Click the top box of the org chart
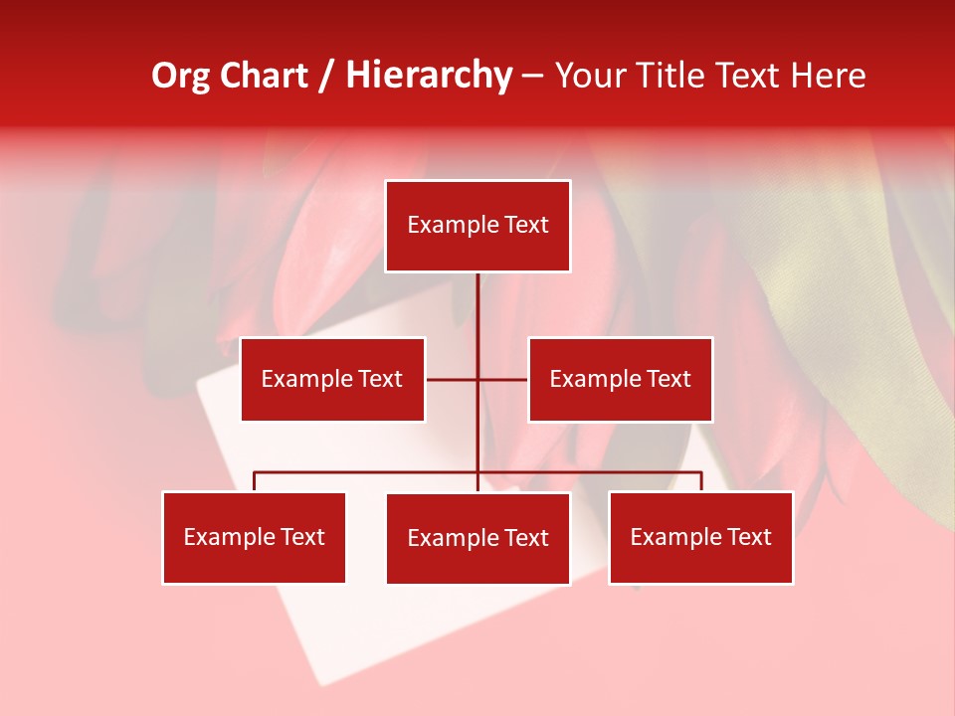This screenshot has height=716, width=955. click(x=477, y=226)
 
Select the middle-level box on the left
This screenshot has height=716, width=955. click(x=332, y=379)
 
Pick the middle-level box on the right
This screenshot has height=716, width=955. click(x=620, y=379)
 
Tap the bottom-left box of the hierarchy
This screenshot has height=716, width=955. click(x=254, y=537)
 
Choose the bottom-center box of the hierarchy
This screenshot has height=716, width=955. click(x=477, y=538)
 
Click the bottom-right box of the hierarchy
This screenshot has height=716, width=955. click(x=700, y=537)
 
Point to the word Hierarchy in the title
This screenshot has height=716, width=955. click(x=428, y=76)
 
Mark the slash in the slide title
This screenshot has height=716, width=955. click(x=326, y=76)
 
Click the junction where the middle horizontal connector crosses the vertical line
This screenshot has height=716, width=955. click(x=477, y=379)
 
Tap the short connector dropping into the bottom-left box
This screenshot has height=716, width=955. click(x=254, y=481)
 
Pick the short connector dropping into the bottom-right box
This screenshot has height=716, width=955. click(x=701, y=481)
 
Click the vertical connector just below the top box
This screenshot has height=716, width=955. click(x=477, y=298)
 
